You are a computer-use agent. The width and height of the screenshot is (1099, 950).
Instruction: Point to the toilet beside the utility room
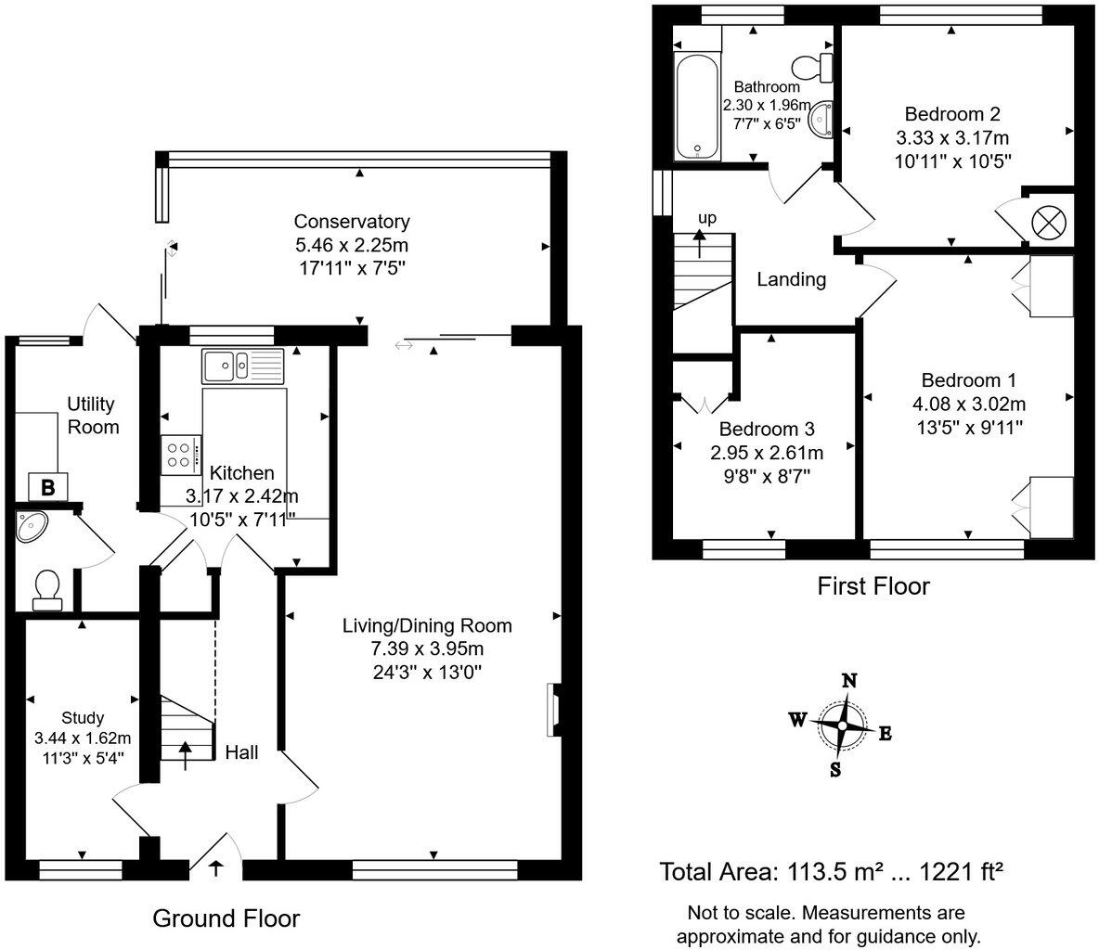46,590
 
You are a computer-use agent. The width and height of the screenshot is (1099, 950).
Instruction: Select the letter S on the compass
835,769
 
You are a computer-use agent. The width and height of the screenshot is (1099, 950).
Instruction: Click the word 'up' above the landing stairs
707,218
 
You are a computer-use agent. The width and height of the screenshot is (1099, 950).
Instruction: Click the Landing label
791,279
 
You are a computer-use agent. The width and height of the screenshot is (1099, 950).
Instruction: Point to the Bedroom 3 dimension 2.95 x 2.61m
767,453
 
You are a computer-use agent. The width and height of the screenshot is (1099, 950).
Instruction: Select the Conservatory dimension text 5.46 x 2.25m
352,246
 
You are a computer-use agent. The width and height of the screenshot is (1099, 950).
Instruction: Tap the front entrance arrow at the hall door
216,868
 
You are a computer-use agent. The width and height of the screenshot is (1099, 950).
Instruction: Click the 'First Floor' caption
873,586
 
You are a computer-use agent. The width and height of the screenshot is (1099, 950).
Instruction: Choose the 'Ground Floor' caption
226,918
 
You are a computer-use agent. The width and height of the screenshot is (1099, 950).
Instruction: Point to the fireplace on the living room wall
553,710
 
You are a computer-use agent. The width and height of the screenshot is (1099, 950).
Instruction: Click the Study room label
83,717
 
